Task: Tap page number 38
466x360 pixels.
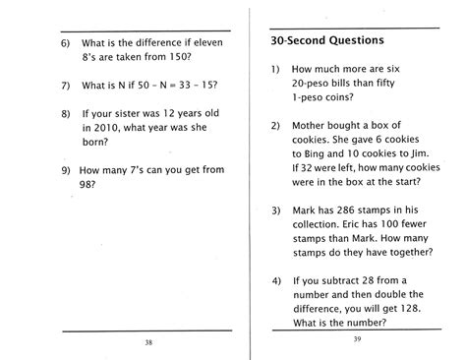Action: [147, 341]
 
